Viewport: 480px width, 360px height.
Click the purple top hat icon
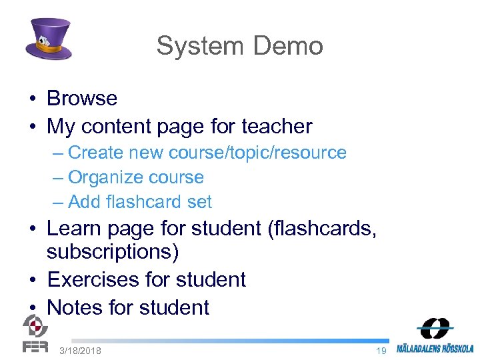click(48, 39)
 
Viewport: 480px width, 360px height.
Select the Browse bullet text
click(81, 99)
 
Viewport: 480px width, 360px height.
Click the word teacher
click(277, 126)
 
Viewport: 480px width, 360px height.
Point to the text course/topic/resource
click(257, 153)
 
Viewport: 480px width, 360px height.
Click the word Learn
click(76, 229)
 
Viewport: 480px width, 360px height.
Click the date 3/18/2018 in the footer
click(80, 351)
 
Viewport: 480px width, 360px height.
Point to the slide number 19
click(381, 351)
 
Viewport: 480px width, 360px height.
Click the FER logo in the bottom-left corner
click(35, 333)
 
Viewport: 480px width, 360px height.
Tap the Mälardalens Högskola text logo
click(435, 348)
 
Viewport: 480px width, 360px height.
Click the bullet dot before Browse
click(32, 99)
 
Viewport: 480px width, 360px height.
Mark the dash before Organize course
click(57, 178)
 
